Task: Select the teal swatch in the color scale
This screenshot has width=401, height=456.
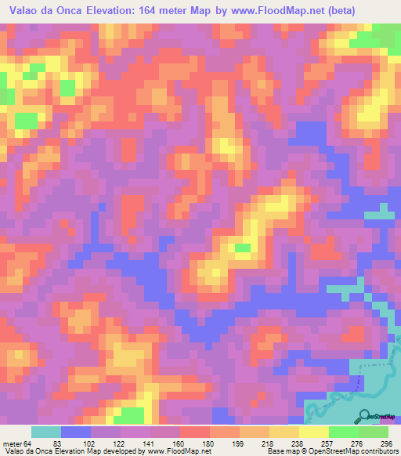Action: coord(46,432)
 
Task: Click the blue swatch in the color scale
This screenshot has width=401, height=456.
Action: coord(76,432)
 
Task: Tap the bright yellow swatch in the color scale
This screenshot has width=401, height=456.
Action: coord(313,432)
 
